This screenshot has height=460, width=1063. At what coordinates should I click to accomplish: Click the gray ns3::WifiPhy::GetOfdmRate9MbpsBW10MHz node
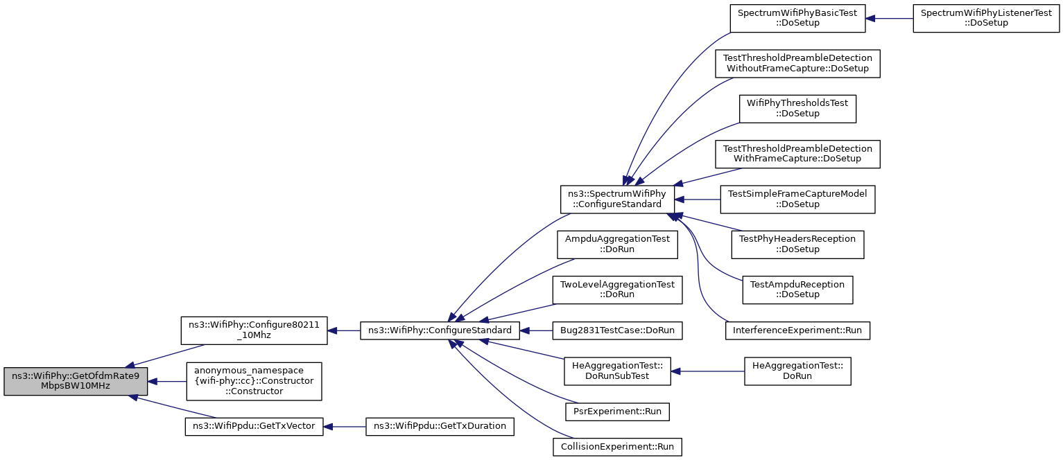[76, 381]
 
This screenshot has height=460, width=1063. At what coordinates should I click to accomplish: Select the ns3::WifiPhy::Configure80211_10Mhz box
[254, 330]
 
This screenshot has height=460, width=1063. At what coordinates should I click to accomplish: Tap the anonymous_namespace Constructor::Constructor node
[254, 381]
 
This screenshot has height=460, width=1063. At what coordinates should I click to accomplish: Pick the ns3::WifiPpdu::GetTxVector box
[254, 427]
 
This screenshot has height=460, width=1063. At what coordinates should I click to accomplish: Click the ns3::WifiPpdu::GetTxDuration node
[440, 427]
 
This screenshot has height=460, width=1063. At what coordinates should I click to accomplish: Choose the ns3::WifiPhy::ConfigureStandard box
[440, 330]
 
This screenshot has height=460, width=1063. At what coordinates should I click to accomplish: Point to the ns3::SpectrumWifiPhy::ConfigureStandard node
[617, 200]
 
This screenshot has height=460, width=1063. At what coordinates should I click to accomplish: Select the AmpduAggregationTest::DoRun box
[617, 245]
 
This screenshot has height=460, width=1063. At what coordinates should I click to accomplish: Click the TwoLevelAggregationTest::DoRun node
[617, 290]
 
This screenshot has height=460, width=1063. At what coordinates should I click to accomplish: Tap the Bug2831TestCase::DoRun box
[617, 330]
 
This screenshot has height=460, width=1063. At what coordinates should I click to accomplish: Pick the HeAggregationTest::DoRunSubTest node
[617, 371]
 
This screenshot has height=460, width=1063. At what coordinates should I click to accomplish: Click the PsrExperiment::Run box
[617, 412]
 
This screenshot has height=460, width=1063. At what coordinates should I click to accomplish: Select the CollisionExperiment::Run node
[617, 448]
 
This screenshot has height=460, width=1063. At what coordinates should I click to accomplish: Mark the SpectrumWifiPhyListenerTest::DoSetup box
[986, 19]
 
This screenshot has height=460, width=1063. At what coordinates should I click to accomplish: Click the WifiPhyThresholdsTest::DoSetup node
[797, 109]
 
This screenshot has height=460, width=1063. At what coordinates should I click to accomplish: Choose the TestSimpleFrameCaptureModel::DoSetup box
[797, 200]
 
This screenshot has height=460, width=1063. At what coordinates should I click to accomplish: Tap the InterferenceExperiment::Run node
[797, 330]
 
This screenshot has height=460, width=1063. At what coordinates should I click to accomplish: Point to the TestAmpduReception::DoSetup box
[797, 290]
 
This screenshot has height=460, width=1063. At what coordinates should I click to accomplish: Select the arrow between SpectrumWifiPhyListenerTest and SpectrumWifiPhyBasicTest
[890, 19]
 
